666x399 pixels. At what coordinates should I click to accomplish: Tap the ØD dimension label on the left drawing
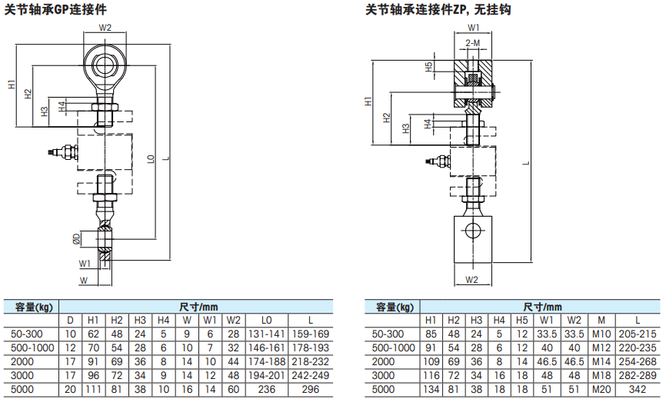click(x=77, y=237)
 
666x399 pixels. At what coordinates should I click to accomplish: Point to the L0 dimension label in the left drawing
click(x=151, y=160)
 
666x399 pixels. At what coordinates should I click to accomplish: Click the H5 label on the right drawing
click(x=429, y=68)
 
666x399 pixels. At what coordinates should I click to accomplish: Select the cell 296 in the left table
click(x=311, y=389)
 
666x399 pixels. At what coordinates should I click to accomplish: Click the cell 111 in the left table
click(x=93, y=389)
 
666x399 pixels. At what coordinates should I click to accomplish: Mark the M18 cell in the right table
click(x=601, y=375)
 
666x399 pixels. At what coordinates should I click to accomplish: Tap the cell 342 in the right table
click(x=637, y=389)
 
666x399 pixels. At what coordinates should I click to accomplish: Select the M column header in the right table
click(x=601, y=320)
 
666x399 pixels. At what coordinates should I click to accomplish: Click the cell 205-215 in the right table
click(x=637, y=334)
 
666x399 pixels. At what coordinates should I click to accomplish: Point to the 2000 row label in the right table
click(x=389, y=361)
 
